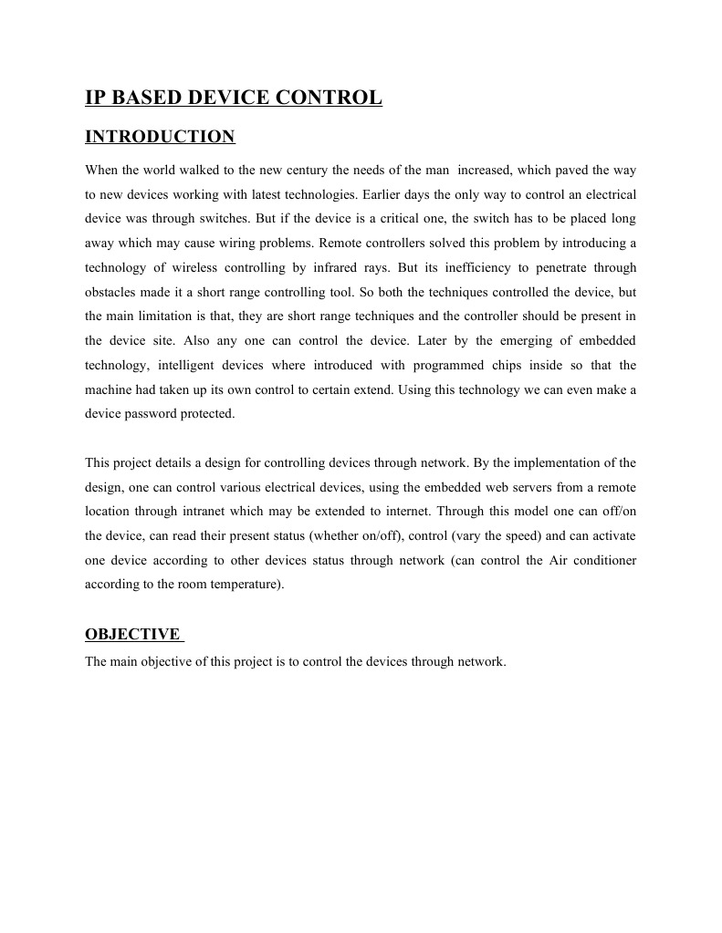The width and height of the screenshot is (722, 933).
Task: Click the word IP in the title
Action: [96, 98]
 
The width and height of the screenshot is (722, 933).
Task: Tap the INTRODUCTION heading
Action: [160, 137]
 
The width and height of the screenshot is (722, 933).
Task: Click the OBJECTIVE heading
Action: [132, 635]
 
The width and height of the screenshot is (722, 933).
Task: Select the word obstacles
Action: [111, 292]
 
